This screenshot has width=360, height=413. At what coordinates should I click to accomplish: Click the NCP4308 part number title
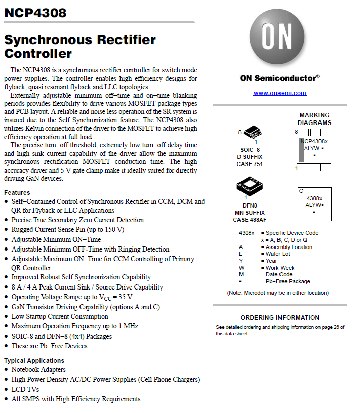click(35, 13)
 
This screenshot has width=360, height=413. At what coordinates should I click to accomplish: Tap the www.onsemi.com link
click(279, 93)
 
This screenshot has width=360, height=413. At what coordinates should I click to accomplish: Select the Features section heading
click(17, 192)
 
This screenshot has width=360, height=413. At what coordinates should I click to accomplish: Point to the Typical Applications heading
click(34, 361)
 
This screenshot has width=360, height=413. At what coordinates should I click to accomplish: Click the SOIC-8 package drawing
click(253, 133)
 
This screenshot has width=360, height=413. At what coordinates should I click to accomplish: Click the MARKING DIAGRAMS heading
click(314, 119)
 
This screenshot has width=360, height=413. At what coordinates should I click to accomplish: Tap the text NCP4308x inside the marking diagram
click(314, 141)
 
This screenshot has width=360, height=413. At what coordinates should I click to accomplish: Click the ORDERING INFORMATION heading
click(279, 318)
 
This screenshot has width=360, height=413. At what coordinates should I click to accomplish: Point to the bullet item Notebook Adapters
click(38, 370)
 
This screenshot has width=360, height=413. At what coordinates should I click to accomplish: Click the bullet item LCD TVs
click(25, 389)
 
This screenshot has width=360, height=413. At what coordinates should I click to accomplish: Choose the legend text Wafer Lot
click(278, 254)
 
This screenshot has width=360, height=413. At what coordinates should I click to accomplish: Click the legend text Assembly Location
click(289, 247)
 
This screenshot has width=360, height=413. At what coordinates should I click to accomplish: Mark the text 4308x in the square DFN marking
click(314, 198)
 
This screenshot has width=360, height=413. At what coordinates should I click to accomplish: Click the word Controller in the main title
click(38, 53)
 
